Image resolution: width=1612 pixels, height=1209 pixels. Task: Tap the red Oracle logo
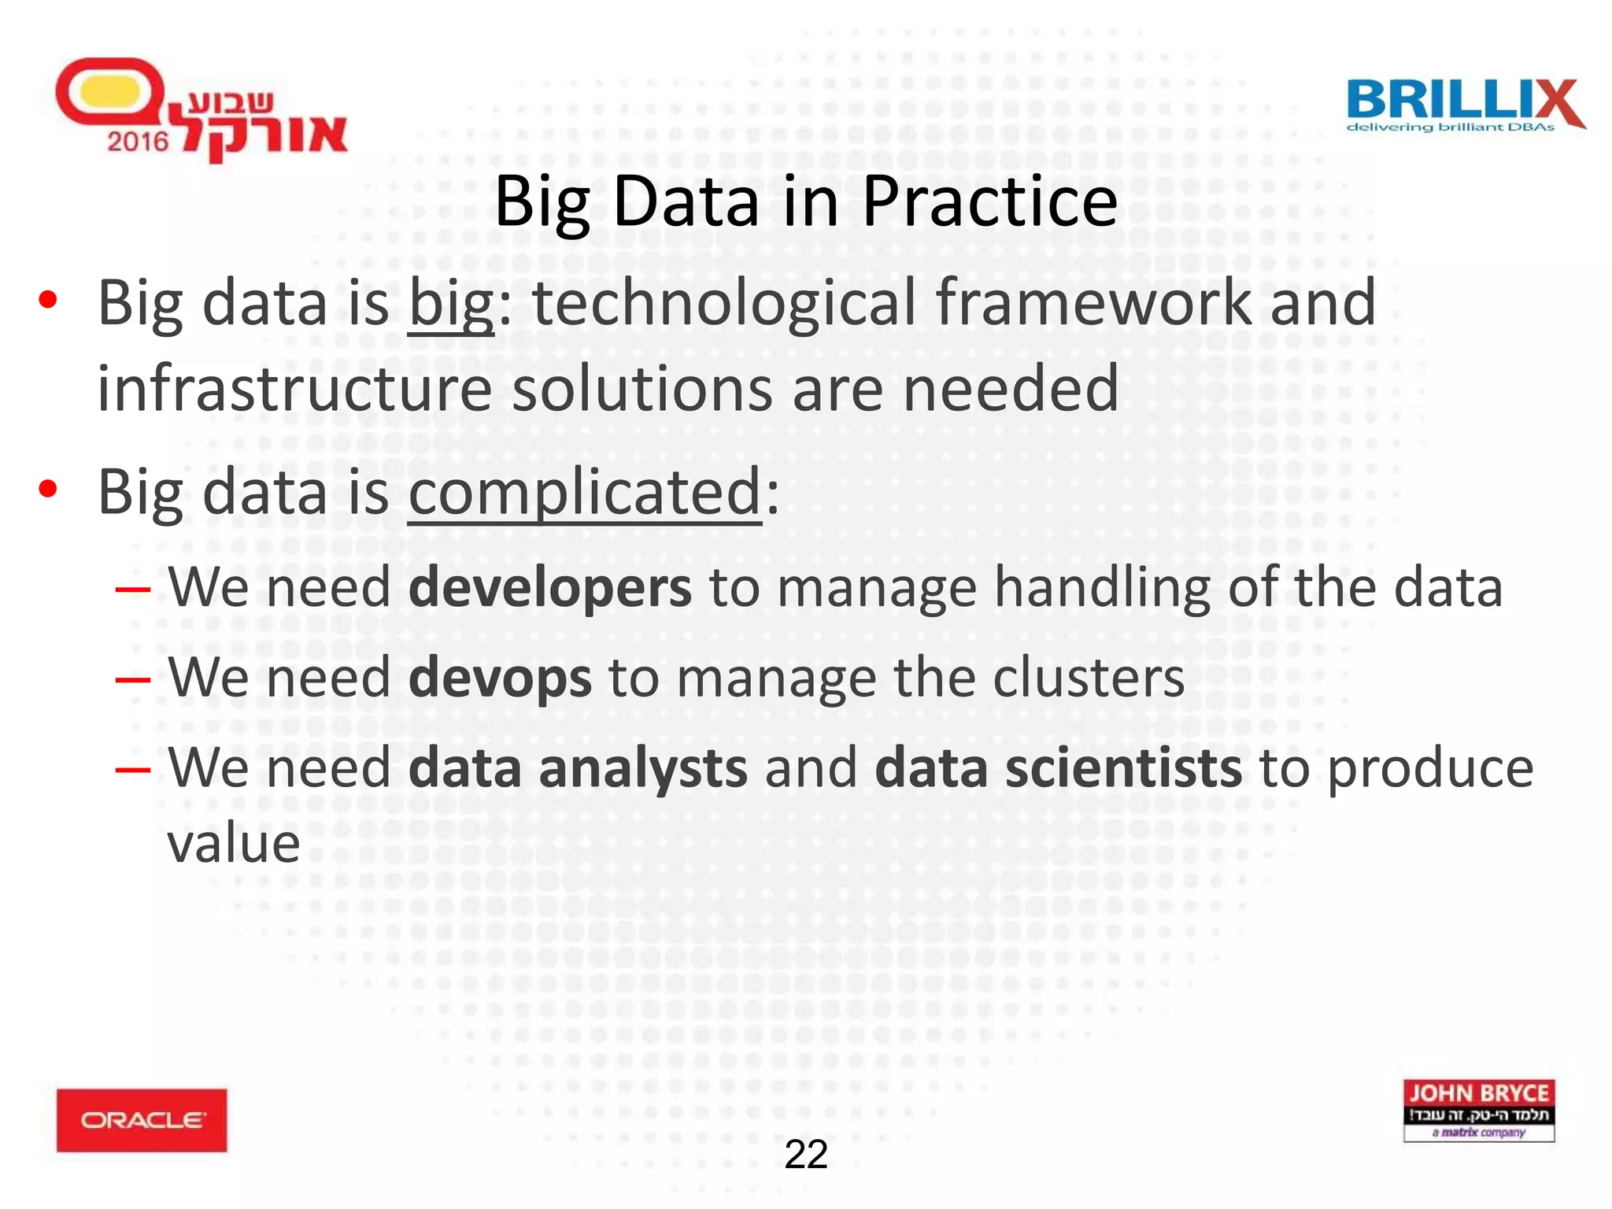click(142, 1120)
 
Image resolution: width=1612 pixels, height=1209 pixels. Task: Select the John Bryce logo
click(1478, 1110)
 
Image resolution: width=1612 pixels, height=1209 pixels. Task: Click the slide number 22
click(806, 1155)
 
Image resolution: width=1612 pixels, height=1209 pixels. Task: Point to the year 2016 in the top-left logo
click(138, 142)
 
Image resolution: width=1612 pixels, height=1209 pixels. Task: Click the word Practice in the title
click(989, 202)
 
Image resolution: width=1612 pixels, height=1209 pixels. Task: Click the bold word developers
click(549, 588)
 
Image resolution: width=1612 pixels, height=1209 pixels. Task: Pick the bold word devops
click(500, 678)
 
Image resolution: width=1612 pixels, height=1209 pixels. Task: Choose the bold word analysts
click(642, 769)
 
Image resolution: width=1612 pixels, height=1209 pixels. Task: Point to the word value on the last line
click(234, 844)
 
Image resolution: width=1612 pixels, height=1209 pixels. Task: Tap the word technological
click(724, 303)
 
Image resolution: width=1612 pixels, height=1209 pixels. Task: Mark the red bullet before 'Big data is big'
click(48, 300)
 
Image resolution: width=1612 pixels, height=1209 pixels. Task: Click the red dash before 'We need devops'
click(132, 678)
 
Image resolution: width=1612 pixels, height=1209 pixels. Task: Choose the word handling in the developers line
click(1101, 588)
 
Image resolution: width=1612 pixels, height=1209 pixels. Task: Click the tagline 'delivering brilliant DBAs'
click(1451, 128)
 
